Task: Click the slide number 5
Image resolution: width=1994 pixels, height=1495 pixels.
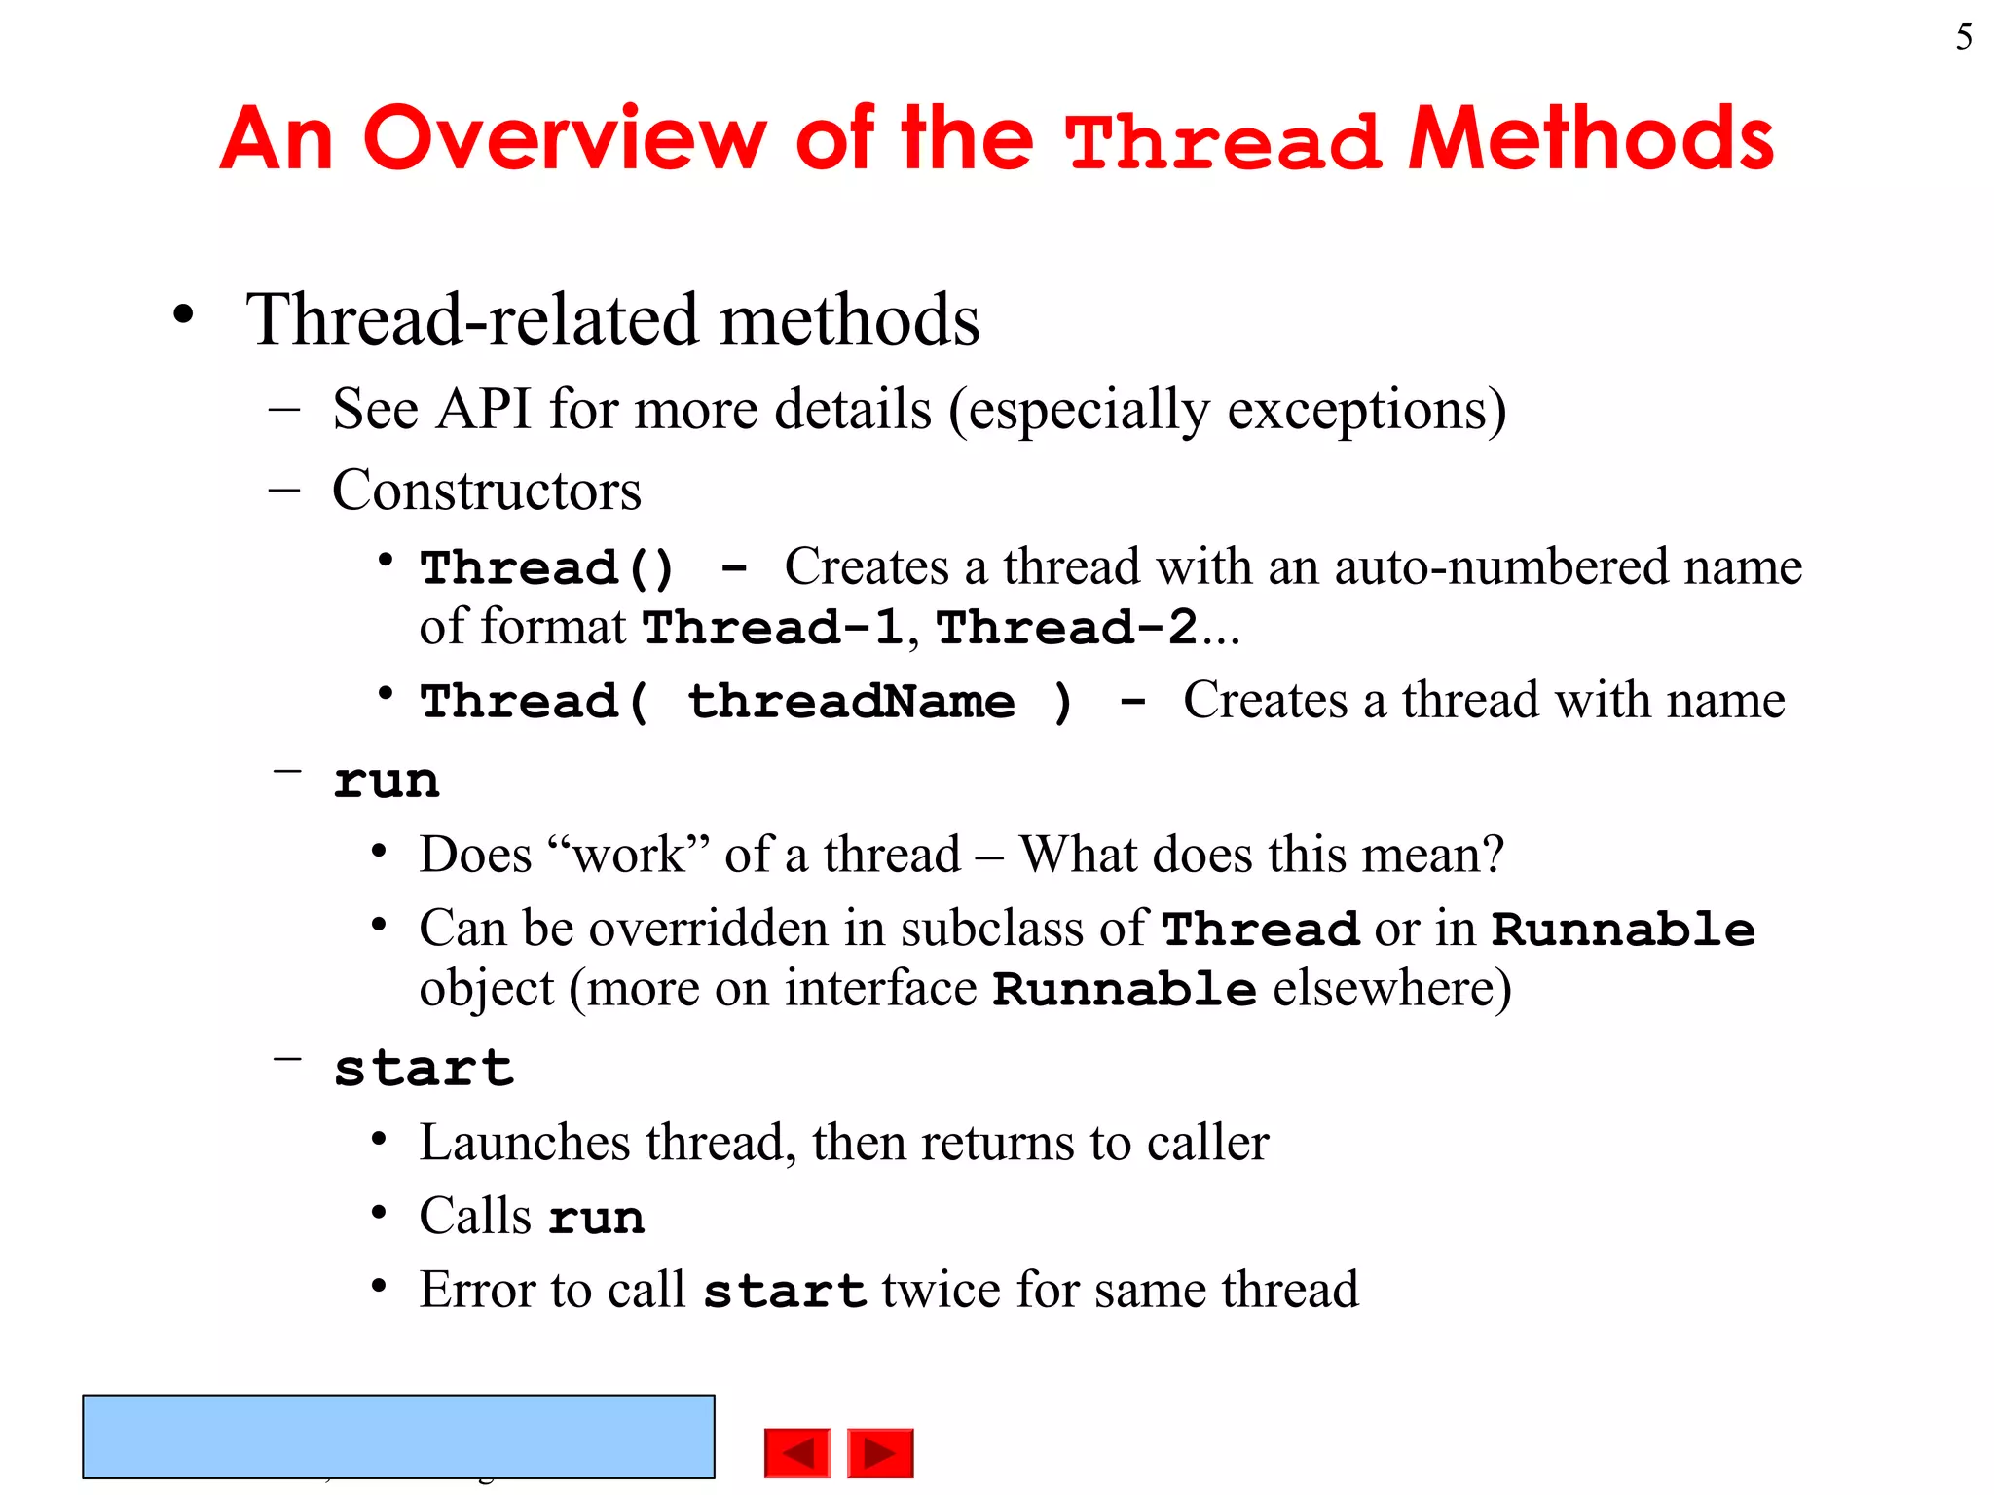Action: click(x=1963, y=37)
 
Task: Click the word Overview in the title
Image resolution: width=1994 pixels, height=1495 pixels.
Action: click(x=565, y=138)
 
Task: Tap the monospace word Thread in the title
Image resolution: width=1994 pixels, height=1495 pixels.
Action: click(x=1223, y=142)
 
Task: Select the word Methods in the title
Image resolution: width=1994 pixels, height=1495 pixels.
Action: click(x=1591, y=138)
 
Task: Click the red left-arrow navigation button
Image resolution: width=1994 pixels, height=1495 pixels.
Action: click(x=797, y=1453)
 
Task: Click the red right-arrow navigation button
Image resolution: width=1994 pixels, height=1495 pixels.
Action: click(x=880, y=1453)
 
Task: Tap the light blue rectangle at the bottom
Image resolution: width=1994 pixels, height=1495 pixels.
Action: click(x=398, y=1436)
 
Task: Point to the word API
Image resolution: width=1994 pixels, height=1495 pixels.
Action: click(x=484, y=409)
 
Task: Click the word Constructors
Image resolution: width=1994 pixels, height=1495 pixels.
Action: click(x=487, y=490)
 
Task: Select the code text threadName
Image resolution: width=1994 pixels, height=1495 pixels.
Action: click(x=851, y=702)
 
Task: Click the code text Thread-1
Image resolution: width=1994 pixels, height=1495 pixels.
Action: click(x=773, y=628)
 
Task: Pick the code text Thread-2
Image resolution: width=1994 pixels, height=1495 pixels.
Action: click(x=1067, y=628)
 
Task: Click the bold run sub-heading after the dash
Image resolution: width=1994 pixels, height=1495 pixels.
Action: click(x=386, y=782)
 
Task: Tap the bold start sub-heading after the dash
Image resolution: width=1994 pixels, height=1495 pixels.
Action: click(x=423, y=1069)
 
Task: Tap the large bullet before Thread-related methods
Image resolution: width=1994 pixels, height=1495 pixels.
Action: click(x=182, y=316)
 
